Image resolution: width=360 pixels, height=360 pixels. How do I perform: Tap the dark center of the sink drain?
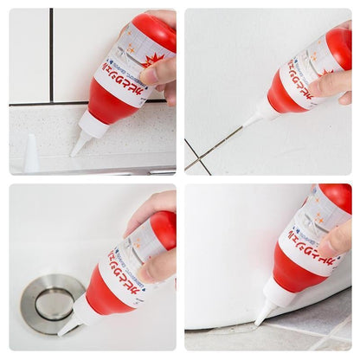click(55, 303)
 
